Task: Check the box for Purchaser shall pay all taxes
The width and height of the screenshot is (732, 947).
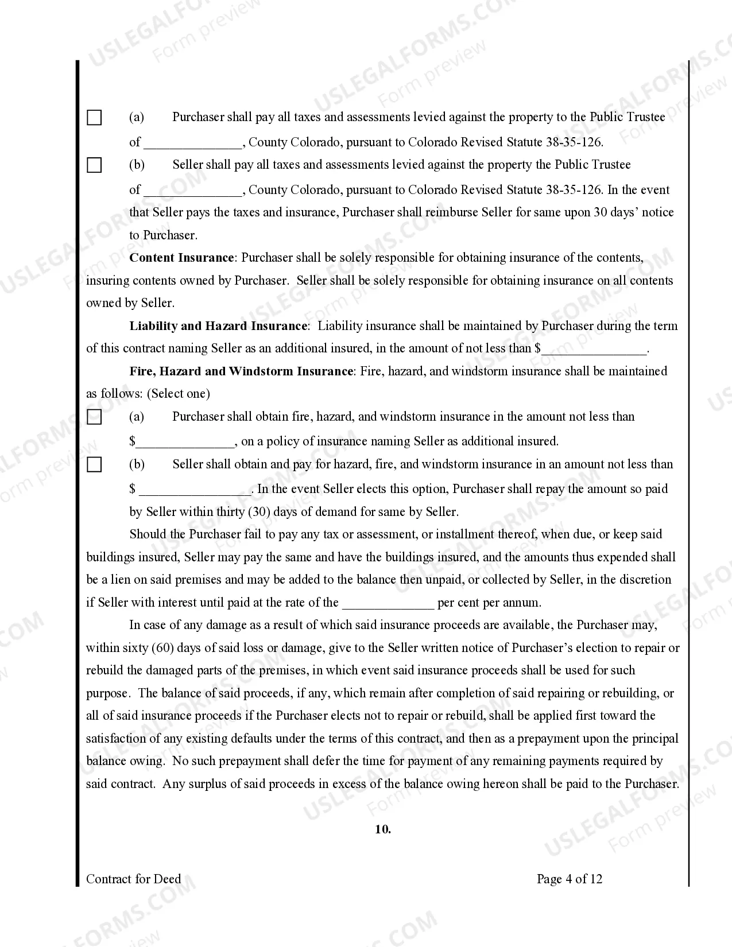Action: coord(94,118)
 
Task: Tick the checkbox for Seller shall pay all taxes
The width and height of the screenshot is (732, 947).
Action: coord(94,165)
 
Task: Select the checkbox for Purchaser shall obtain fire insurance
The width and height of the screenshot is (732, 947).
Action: coord(94,417)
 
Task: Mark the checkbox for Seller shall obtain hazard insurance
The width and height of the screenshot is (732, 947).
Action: coord(94,465)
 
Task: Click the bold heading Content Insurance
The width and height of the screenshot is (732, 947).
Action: coord(181,258)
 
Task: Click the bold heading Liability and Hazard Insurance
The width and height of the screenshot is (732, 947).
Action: coord(219,326)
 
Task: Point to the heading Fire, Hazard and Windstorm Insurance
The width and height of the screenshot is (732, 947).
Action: coord(241,371)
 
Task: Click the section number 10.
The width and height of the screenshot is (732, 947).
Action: coord(383,829)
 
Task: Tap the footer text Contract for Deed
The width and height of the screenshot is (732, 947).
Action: coord(133,879)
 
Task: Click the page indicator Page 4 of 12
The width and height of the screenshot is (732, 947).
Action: coord(569,879)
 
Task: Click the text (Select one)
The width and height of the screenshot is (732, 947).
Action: coord(179,394)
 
